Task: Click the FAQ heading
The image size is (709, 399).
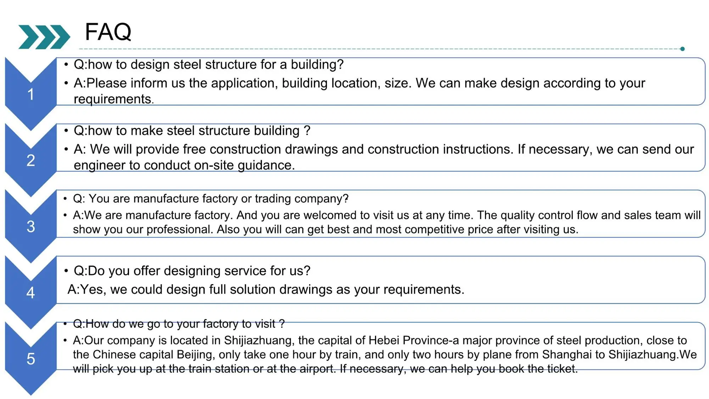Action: (108, 32)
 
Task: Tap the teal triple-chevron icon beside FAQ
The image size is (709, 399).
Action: (44, 37)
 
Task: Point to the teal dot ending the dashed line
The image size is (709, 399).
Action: (682, 49)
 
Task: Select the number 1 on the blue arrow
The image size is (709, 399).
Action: (31, 94)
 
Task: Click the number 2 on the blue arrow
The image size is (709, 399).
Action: (31, 160)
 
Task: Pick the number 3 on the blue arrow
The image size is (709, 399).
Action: (31, 227)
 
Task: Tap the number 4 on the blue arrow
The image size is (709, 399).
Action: (31, 293)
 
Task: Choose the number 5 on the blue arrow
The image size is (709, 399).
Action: (31, 359)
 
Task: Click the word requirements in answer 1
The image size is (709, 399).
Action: (112, 99)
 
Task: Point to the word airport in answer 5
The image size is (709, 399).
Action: (317, 369)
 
